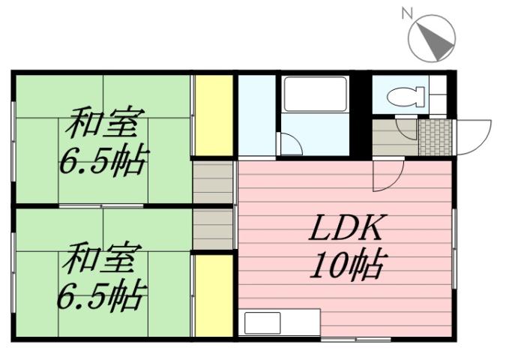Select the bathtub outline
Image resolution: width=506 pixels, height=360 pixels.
(x=315, y=94)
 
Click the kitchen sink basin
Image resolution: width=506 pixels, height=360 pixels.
(x=262, y=324)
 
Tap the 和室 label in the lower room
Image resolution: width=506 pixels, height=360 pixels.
(x=100, y=260)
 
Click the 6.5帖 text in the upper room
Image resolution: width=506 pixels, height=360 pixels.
(x=104, y=160)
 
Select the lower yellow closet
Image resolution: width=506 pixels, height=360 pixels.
(x=213, y=295)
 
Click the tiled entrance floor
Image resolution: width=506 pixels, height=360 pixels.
(x=435, y=136)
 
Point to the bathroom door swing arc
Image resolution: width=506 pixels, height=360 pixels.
(x=289, y=143)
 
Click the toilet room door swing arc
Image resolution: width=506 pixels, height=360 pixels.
(x=407, y=128)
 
